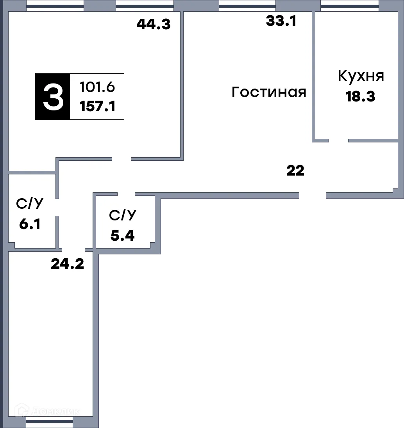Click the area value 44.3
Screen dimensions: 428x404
(154, 25)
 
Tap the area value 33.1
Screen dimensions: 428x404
(281, 21)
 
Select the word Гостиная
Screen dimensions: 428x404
(269, 92)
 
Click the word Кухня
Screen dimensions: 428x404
(361, 76)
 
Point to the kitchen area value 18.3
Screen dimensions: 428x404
(360, 96)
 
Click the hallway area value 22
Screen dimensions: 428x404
(295, 170)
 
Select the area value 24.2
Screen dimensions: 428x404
(67, 264)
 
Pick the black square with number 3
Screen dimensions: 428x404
(53, 96)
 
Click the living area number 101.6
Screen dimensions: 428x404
(97, 87)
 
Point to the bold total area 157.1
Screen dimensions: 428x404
(97, 106)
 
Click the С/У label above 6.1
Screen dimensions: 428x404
(30, 204)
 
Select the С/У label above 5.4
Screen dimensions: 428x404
(122, 215)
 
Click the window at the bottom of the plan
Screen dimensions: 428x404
(49, 422)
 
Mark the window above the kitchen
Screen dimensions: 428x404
(349, 6)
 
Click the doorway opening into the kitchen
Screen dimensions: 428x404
(338, 140)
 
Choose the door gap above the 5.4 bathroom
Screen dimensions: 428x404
(126, 194)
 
